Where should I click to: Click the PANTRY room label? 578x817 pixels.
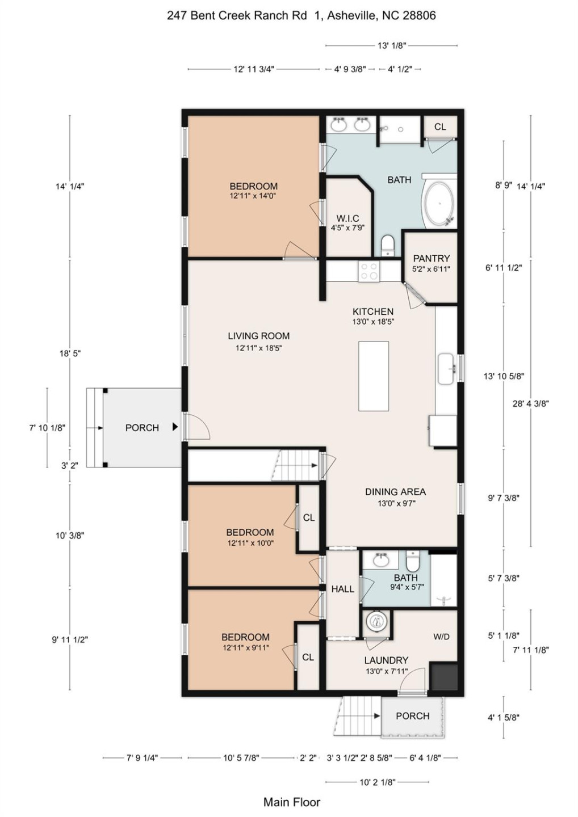pos(432,258)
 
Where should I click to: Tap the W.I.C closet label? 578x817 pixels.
pos(347,218)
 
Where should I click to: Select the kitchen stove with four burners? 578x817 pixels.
pos(369,271)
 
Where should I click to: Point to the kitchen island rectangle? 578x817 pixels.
pos(373,376)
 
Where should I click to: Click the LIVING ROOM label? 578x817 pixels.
pos(259,336)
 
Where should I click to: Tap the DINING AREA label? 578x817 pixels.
pos(396,492)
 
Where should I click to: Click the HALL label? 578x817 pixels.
pos(342,589)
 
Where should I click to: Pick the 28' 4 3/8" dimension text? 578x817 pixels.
pos(531,403)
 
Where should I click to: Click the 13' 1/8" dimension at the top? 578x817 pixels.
pos(392,45)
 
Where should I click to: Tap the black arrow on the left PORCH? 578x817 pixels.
pos(175,427)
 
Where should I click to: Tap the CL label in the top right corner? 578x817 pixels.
pos(440,127)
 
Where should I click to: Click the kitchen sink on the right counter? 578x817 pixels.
pos(446,368)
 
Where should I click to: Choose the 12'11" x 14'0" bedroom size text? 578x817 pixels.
pos(253,196)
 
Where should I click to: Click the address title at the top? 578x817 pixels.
pos(301,15)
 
